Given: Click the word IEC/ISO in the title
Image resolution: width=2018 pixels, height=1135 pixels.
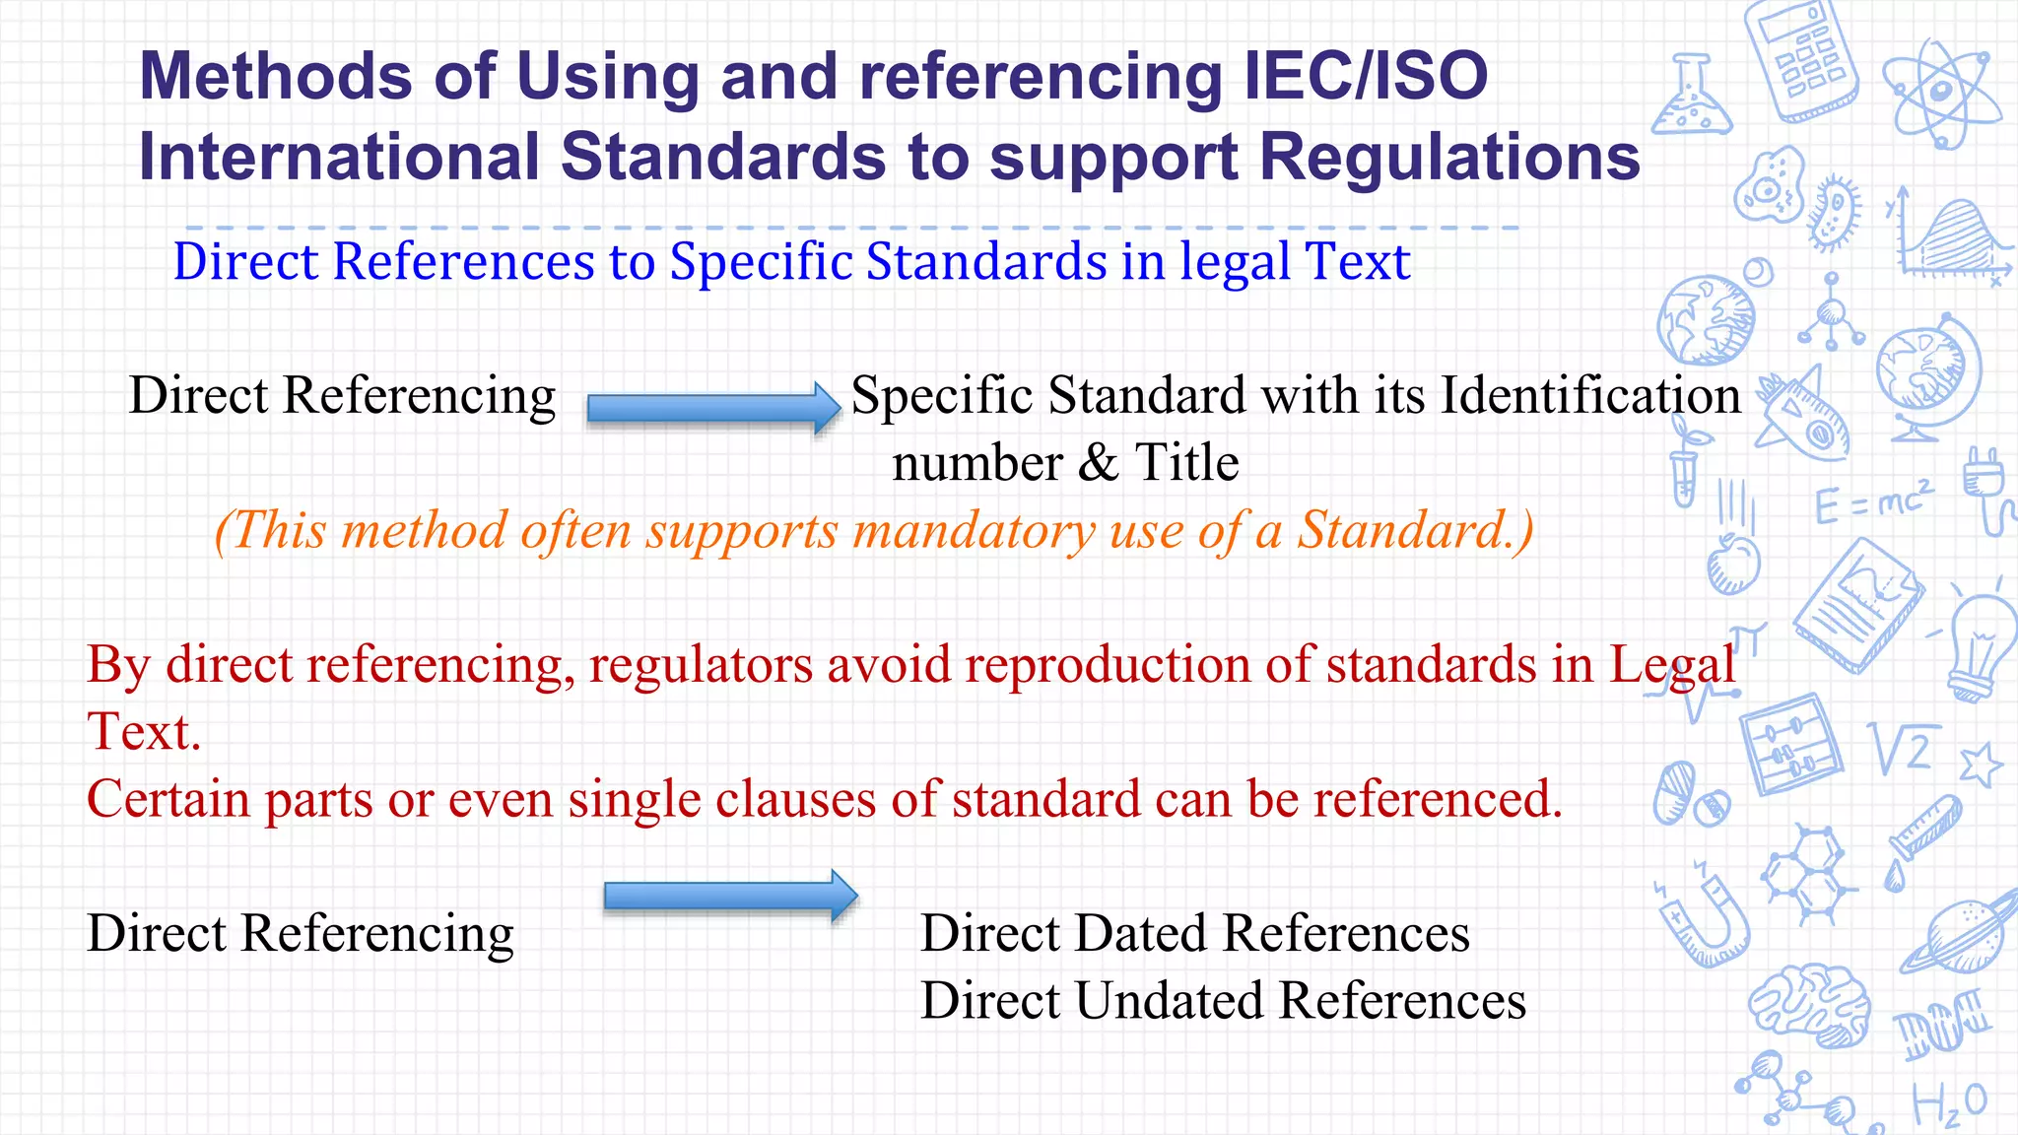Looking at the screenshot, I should point(1366,77).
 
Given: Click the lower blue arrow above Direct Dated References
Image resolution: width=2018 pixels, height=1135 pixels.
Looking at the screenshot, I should point(730,896).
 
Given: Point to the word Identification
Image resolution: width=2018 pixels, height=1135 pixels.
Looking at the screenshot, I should point(1590,396).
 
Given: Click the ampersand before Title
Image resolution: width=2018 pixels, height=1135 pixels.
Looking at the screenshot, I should point(1098,463).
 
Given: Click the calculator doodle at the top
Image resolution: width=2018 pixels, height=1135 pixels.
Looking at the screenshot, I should point(1801,59).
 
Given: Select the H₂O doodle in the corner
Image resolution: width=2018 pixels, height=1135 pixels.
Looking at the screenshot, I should point(1948,1104).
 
